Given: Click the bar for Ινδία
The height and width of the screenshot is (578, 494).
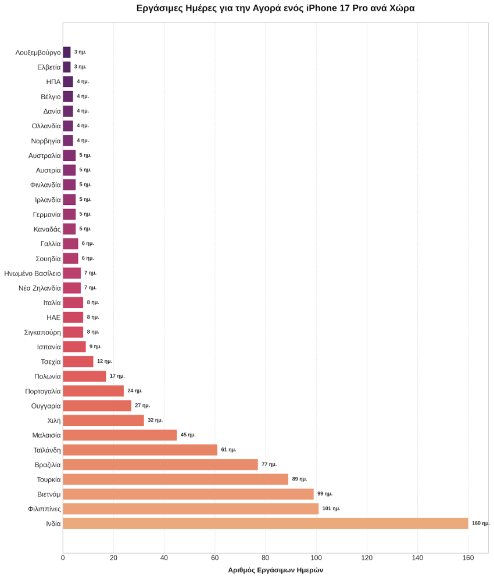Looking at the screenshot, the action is (x=266, y=523).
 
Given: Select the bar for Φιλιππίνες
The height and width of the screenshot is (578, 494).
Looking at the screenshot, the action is (x=191, y=509).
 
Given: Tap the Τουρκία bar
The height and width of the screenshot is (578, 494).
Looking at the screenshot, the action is (x=176, y=479).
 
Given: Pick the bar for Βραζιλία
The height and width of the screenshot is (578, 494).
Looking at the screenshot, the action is (x=160, y=464).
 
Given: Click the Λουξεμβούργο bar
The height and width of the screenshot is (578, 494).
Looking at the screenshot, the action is (x=67, y=52).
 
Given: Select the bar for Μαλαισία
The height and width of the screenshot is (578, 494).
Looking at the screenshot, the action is (x=120, y=435).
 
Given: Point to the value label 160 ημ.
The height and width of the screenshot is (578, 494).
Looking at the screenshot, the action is (x=481, y=523).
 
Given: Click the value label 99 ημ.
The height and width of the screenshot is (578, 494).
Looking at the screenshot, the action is (x=325, y=494).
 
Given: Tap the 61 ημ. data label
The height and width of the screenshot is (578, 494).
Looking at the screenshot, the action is (x=228, y=449).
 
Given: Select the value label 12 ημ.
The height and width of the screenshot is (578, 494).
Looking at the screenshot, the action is (x=105, y=361).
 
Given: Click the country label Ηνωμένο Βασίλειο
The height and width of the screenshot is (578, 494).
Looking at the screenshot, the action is (x=33, y=273).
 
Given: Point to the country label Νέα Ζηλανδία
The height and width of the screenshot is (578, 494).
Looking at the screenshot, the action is (x=40, y=288).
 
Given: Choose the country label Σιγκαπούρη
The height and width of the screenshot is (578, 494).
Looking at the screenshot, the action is (x=42, y=333).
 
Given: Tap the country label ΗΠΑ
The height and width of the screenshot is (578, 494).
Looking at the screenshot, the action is (x=53, y=82).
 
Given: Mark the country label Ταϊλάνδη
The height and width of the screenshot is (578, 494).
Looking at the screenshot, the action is (x=47, y=450).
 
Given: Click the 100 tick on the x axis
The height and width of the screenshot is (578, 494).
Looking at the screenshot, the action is (x=316, y=558).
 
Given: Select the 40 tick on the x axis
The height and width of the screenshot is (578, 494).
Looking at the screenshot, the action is (x=164, y=558).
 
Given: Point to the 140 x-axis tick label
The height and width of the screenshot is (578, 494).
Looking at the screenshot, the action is (x=417, y=558).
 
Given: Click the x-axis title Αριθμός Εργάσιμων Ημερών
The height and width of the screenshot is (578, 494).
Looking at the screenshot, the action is (x=275, y=570).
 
